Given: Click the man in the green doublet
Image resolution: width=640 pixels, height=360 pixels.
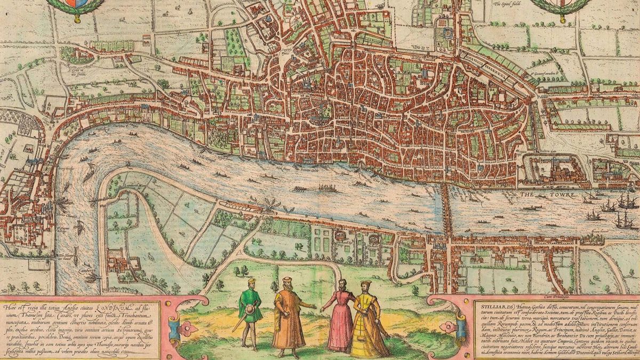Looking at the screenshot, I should tap(250, 309).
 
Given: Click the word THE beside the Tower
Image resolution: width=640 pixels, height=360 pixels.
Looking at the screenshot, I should tap(527, 195).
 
